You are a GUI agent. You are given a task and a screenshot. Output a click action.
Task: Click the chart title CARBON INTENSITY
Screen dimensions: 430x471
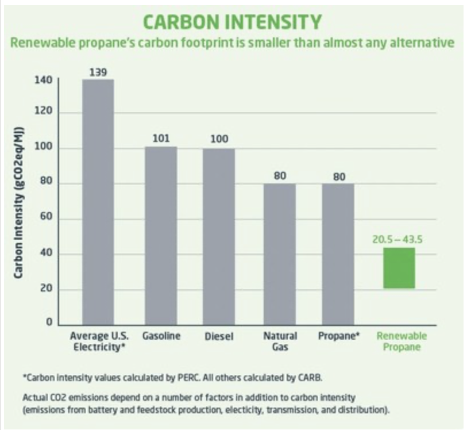231,22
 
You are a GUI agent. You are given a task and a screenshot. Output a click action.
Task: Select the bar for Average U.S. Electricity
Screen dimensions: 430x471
98,201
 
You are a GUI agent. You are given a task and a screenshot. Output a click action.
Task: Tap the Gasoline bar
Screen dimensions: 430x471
160,235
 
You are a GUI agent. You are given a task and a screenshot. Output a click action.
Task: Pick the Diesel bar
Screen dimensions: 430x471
219,236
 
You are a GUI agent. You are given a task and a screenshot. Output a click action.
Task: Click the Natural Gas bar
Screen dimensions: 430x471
280,254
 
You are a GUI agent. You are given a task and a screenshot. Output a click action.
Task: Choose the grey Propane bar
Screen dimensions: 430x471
338,254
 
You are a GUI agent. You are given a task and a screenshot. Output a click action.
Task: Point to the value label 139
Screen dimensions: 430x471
98,72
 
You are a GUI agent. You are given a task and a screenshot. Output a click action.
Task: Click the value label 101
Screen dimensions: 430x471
160,139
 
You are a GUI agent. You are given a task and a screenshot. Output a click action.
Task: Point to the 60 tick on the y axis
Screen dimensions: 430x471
47,218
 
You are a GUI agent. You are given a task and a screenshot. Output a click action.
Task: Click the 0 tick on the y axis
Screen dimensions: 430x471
50,324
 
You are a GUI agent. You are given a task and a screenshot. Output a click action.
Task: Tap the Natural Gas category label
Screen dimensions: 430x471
280,341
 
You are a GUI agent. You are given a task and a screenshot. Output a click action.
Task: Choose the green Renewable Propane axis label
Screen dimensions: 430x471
401,341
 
